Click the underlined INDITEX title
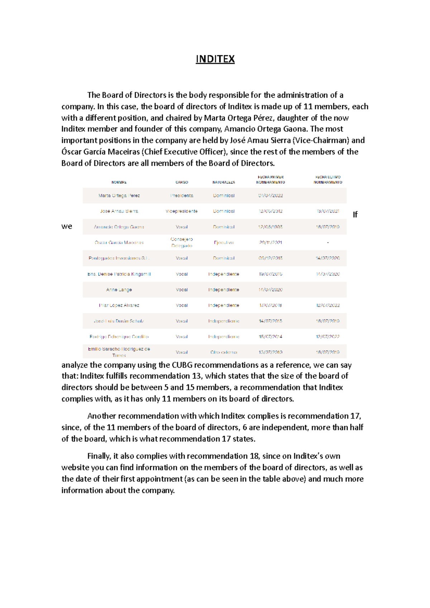[x=215, y=59]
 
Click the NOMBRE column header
[x=119, y=182]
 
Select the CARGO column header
[x=182, y=182]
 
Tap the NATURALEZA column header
[x=224, y=182]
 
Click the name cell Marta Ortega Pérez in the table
[x=119, y=196]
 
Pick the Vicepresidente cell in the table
[x=182, y=211]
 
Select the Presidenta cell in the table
[x=182, y=196]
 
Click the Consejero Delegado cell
[x=182, y=242]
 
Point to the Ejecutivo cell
[x=224, y=242]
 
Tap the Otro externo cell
[x=224, y=352]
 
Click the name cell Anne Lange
[x=119, y=290]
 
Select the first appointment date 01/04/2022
[x=271, y=196]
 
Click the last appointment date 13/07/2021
[x=328, y=211]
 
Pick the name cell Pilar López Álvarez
[x=119, y=305]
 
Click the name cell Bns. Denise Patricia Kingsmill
[x=119, y=274]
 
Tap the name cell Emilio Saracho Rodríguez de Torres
[x=119, y=352]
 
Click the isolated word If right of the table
[x=355, y=214]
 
